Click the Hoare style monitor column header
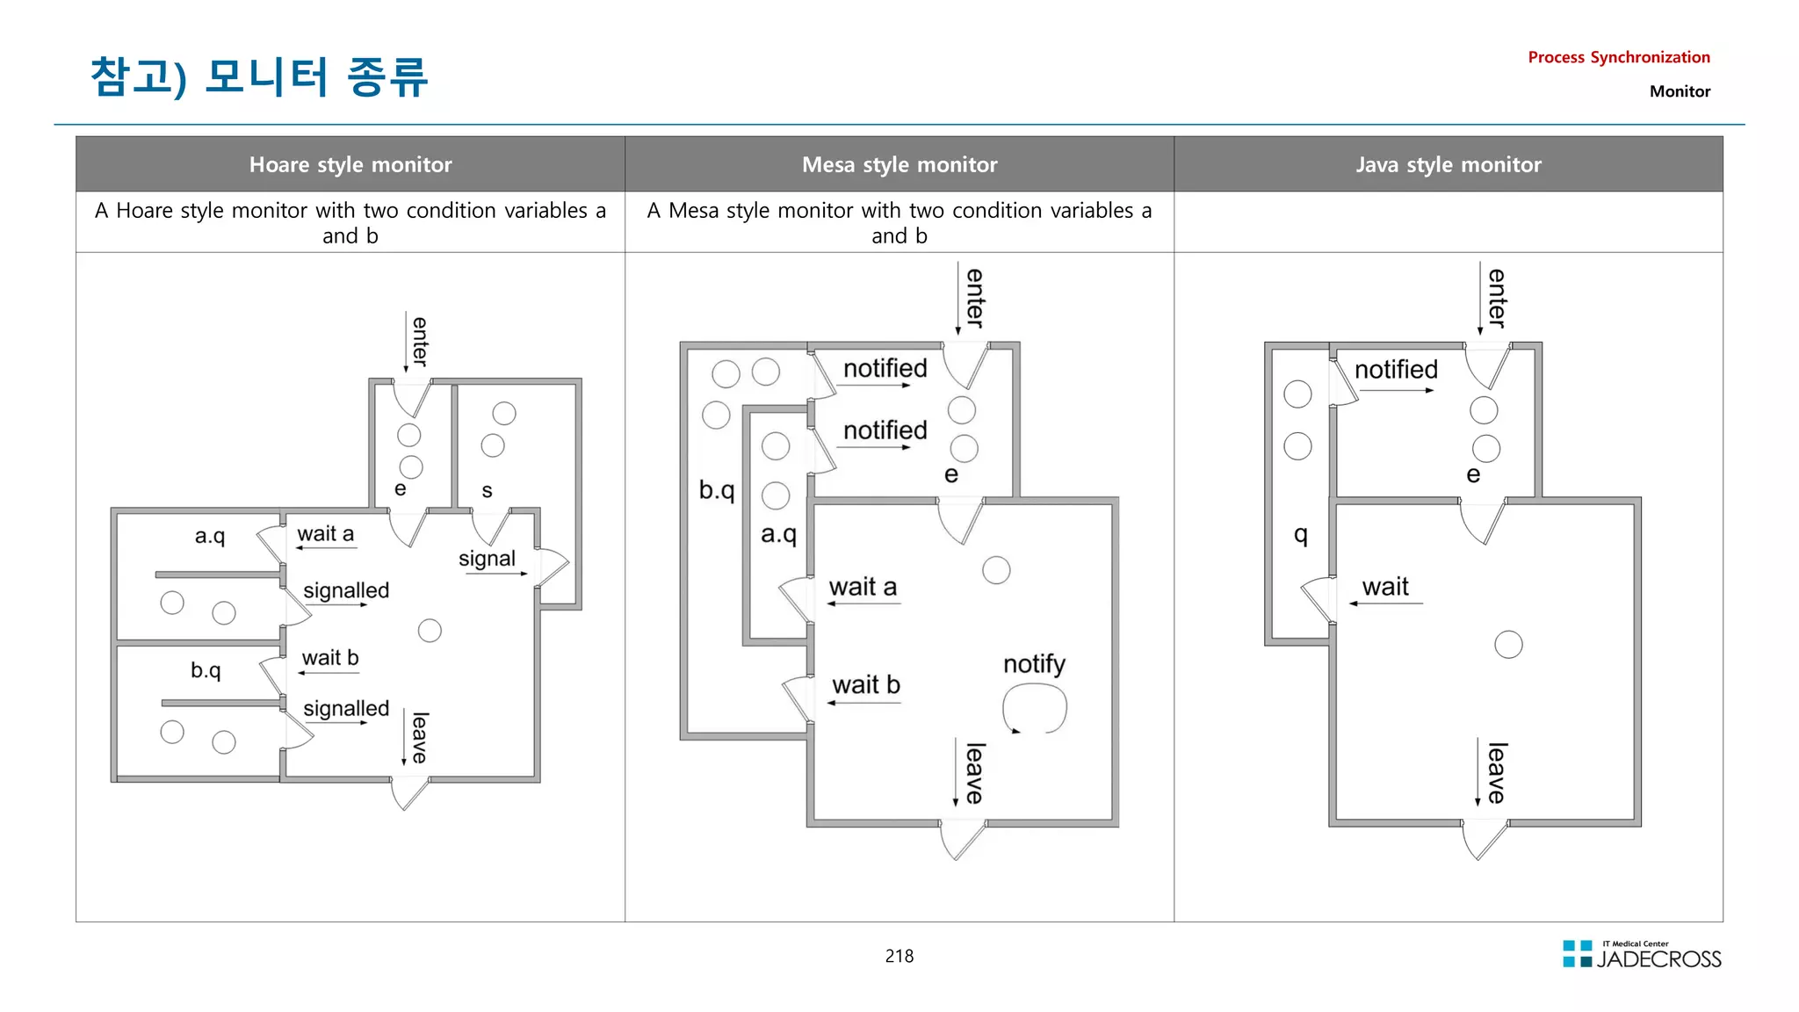[x=350, y=164]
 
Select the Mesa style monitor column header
[x=899, y=164]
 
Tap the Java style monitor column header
[x=1449, y=164]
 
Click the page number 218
[x=899, y=956]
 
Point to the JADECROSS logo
[x=1642, y=954]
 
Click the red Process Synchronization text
[x=1619, y=57]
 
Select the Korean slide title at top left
[x=259, y=76]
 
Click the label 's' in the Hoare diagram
[x=487, y=491]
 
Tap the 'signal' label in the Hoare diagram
[x=487, y=559]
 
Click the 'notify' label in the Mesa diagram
[x=1034, y=664]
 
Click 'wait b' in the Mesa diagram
[x=866, y=684]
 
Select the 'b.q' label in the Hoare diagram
[x=206, y=670]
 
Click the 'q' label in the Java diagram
[x=1301, y=534]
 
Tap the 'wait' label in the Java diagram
[x=1385, y=587]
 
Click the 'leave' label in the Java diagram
[x=1497, y=773]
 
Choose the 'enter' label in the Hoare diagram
[x=420, y=342]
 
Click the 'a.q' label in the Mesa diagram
[x=778, y=534]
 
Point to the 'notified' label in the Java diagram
[x=1396, y=370]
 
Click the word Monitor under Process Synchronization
[x=1680, y=91]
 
